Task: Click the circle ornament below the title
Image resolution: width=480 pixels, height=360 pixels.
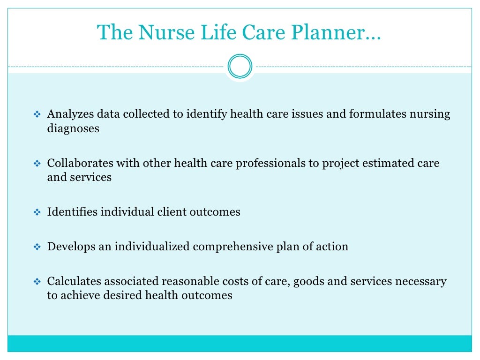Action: (240, 66)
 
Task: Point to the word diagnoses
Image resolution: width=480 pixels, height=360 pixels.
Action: (73, 128)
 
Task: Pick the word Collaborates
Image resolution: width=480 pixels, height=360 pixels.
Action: (80, 163)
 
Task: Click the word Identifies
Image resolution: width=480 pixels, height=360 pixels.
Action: (72, 212)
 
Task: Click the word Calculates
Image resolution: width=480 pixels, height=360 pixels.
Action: (74, 281)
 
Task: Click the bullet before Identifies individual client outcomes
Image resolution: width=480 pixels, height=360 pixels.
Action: (38, 212)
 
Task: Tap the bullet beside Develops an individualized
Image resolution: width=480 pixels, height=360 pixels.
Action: (38, 247)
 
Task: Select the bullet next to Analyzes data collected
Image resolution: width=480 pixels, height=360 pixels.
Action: (38, 115)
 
